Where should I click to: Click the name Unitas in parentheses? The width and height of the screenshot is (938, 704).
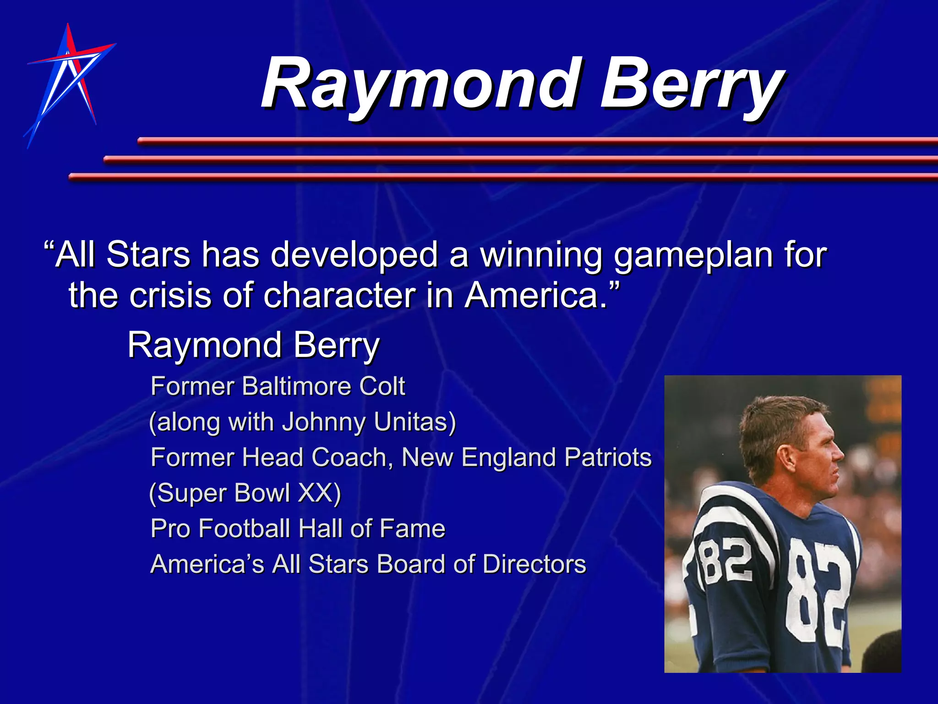pyautogui.click(x=414, y=422)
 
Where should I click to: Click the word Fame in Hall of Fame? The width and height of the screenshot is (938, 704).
pyautogui.click(x=412, y=528)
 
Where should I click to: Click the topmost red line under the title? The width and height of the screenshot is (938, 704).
pyautogui.click(x=536, y=141)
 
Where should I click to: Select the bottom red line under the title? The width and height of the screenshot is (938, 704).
pyautogui.click(x=504, y=176)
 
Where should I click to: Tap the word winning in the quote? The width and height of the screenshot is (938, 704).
pyautogui.click(x=540, y=256)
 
